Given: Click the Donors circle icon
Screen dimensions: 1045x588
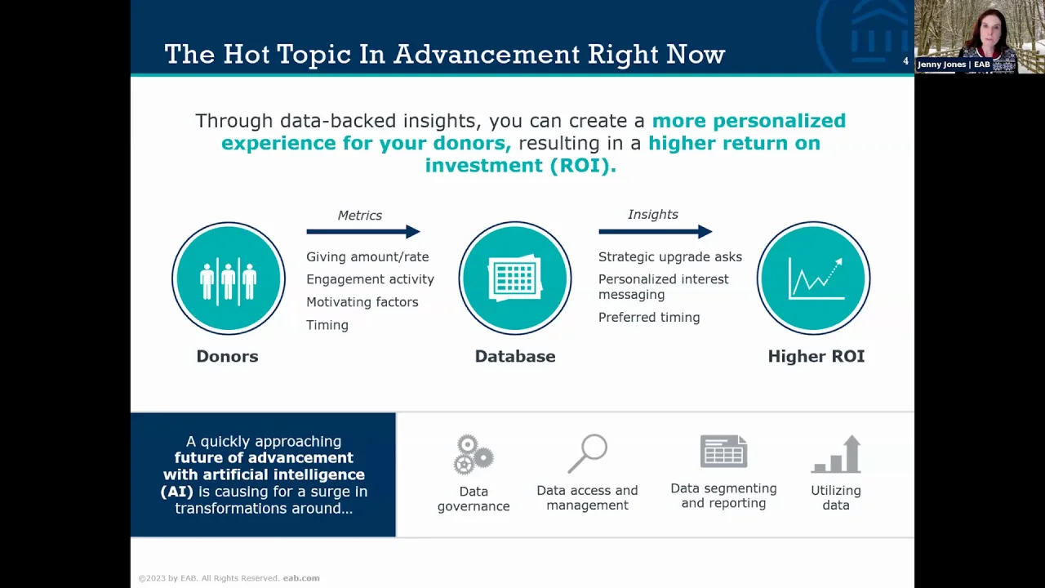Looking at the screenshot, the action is (229, 278).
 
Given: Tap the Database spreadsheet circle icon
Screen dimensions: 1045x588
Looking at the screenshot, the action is (515, 278).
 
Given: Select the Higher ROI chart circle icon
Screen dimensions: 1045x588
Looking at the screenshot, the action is (814, 278).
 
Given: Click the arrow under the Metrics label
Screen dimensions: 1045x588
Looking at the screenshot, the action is (363, 231).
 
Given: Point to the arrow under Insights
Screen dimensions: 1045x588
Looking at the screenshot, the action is (656, 231).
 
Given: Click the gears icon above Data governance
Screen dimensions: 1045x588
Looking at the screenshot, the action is (474, 455).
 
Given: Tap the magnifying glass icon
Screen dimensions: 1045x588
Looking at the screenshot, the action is (587, 453).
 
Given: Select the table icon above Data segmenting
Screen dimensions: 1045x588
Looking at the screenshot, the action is (723, 452).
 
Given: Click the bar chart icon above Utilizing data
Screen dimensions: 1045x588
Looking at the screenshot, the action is (836, 454).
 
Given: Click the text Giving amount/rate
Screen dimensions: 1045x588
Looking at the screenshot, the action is (367, 256).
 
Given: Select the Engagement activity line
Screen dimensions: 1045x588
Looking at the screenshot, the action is (370, 279).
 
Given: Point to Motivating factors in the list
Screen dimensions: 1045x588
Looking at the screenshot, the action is (362, 302).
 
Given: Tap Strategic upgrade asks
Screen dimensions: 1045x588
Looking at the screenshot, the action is (670, 256).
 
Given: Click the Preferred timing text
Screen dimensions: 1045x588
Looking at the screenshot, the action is (649, 318).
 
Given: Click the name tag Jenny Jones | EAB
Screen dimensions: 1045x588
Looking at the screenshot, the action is (954, 65).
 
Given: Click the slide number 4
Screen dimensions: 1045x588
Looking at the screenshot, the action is (905, 61).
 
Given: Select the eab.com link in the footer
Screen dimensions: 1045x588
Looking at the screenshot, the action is (301, 578).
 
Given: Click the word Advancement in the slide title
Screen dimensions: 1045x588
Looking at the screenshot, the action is (486, 54).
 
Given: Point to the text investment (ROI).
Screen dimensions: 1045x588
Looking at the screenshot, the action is (521, 165).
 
